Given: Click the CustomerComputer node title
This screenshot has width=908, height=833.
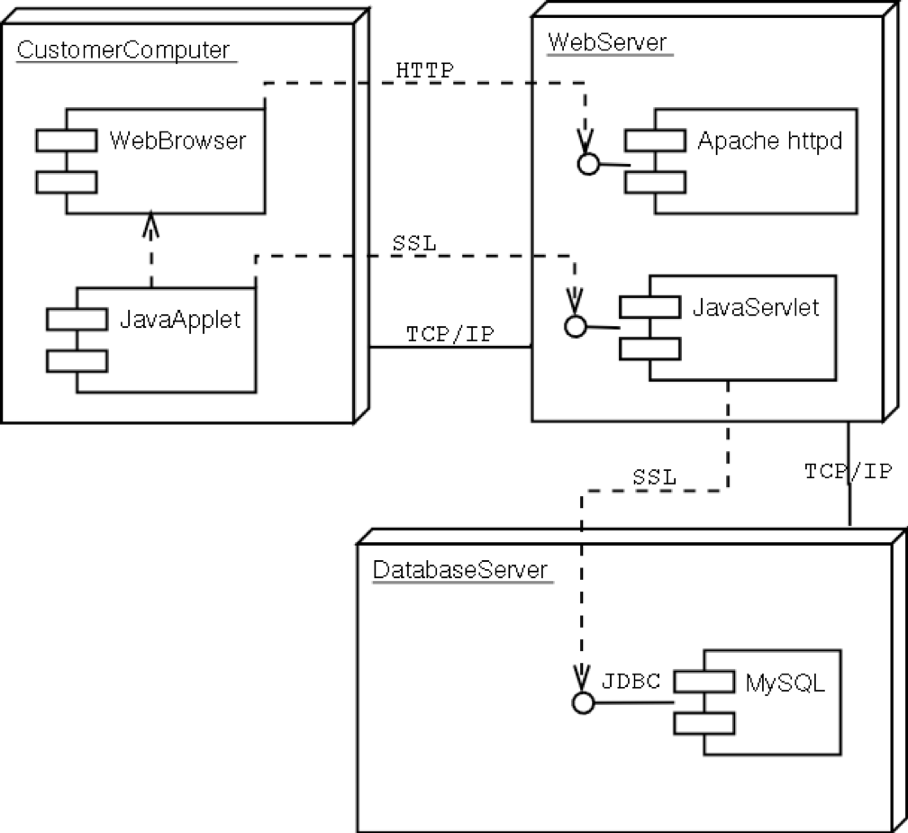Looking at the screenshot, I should (x=123, y=50).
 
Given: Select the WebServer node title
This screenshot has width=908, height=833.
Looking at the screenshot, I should (x=607, y=42).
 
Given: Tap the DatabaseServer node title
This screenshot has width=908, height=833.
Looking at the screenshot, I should (x=459, y=570).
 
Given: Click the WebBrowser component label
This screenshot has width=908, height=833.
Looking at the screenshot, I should (x=177, y=140).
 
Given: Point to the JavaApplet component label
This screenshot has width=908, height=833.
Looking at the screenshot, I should (x=180, y=320).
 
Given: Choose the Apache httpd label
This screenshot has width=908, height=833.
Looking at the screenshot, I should (x=770, y=140).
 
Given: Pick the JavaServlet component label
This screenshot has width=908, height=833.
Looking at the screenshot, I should (x=757, y=307).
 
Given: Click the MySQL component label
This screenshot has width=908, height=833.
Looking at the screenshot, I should (x=785, y=683).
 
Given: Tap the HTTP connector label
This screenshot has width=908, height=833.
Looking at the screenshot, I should (x=424, y=70).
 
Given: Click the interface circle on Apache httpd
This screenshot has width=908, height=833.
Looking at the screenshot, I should (x=588, y=164).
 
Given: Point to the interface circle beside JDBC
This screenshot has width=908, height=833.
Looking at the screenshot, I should (x=584, y=703).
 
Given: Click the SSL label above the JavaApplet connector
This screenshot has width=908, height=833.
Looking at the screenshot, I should (x=413, y=243).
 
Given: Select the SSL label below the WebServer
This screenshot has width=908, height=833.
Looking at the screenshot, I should (x=654, y=477).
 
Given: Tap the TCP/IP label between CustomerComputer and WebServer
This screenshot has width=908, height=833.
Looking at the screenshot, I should (x=449, y=334).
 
